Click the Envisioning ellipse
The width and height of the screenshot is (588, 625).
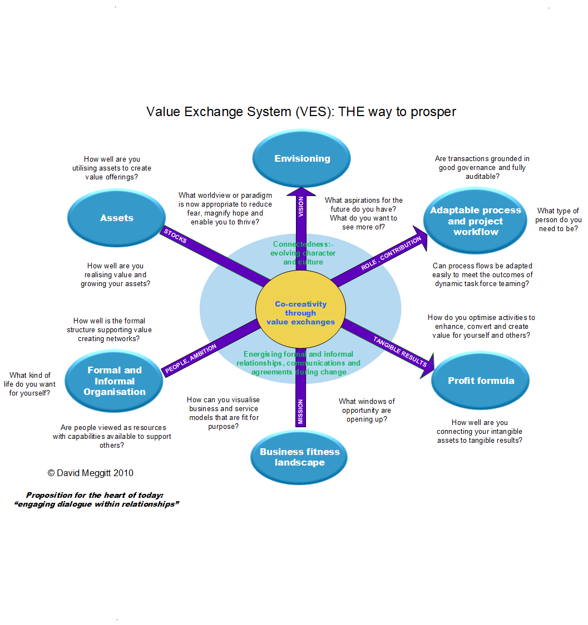302,158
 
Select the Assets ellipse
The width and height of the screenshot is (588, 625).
117,218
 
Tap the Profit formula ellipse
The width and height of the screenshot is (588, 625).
481,381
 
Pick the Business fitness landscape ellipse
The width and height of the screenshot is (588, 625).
299,457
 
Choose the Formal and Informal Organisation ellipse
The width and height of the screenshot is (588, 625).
115,381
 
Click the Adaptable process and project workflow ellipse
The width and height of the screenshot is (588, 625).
476,221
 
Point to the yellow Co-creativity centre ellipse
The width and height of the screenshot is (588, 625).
300,313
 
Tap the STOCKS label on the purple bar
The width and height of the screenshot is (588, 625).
176,236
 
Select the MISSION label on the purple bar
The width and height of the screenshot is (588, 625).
300,412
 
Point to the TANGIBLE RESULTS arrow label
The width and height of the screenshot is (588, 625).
399,351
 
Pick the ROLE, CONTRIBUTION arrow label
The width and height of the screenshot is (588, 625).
391,254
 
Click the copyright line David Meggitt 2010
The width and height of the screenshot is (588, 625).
91,473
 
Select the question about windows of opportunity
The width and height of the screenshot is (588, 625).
367,410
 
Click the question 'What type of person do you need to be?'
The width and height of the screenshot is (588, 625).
558,219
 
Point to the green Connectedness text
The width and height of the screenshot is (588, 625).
303,253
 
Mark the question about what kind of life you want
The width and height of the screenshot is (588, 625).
32,384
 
